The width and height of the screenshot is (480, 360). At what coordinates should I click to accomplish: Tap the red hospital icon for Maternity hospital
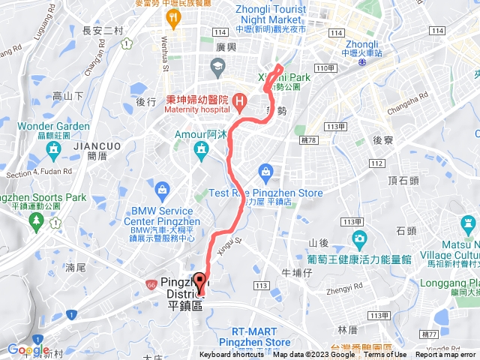click(x=238, y=100)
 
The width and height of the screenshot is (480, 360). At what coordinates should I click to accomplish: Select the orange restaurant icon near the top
click(x=175, y=16)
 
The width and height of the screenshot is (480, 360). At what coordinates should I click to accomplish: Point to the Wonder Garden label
click(x=52, y=126)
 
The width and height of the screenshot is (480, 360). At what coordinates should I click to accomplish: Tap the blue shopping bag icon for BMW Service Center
click(x=162, y=186)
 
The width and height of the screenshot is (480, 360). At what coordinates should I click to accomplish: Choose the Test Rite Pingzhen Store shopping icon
click(x=265, y=172)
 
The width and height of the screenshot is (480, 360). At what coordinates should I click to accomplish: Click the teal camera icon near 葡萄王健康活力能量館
click(x=359, y=240)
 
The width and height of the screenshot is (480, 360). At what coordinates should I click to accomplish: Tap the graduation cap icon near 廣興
click(x=217, y=68)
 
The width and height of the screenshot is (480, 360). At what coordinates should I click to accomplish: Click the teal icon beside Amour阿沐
click(x=200, y=151)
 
